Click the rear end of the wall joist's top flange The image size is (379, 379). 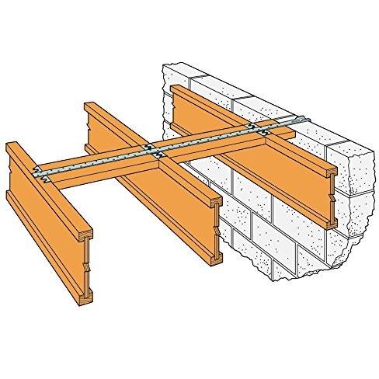tap(180, 87)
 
